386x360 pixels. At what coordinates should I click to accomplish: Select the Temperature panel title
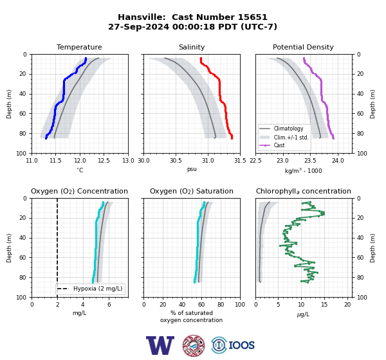coord(79,47)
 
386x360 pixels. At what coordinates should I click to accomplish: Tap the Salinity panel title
coord(192,47)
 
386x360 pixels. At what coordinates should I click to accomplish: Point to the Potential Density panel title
coord(303,47)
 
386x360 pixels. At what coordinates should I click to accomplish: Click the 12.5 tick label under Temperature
coord(104,161)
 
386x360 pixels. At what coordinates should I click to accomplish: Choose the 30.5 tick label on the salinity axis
coord(176,161)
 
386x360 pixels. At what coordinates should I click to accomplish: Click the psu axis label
coord(192,169)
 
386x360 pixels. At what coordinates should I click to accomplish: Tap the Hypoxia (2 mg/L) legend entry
coord(89,289)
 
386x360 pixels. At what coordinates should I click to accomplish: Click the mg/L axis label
coord(79,313)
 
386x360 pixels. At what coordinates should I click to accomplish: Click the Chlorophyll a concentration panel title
coord(303,191)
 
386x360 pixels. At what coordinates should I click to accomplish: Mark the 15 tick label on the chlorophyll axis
coord(324,305)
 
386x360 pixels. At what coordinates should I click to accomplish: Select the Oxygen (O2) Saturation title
coord(192,191)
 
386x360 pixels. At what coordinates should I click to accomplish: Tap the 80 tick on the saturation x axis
coord(221,305)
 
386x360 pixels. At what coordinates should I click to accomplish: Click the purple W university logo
coord(160,345)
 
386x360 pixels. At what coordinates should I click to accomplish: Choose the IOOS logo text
coord(241,345)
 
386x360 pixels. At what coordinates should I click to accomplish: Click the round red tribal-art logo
coord(194,345)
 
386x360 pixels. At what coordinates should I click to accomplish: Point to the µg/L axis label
coord(303,314)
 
